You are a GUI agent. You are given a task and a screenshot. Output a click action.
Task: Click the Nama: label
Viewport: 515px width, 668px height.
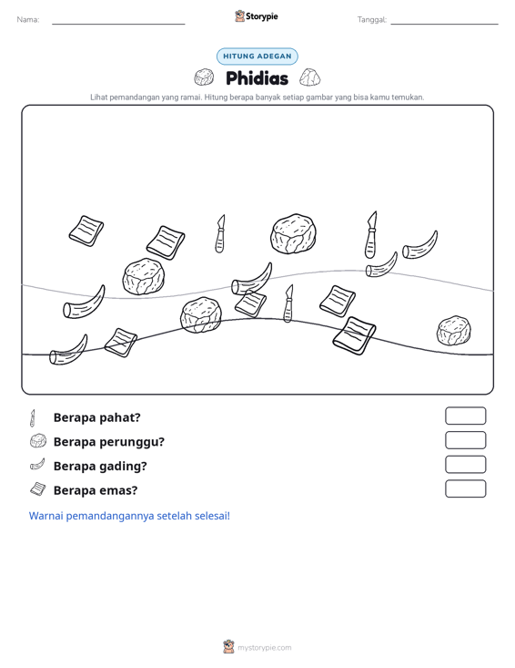point(28,20)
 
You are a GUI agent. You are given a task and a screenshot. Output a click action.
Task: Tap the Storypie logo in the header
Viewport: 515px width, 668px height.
point(257,16)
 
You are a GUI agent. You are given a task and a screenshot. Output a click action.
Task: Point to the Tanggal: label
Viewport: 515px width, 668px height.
point(372,20)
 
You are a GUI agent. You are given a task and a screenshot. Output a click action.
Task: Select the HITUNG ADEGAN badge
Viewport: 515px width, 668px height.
point(257,57)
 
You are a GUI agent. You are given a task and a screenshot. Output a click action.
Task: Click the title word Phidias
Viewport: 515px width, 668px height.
point(257,78)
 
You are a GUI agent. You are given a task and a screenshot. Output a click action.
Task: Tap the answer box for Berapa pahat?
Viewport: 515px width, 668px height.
point(466,416)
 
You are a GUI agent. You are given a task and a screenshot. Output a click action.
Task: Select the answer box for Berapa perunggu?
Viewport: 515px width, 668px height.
point(466,440)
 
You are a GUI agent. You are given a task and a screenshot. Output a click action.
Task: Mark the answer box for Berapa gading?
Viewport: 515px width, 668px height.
point(466,465)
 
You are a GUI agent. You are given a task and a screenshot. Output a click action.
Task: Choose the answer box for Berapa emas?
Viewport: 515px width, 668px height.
point(466,488)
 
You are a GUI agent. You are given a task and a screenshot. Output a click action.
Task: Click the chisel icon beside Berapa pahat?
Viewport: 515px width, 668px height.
point(33,418)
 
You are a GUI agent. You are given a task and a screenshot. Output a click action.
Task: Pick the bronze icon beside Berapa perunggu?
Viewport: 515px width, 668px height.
point(38,441)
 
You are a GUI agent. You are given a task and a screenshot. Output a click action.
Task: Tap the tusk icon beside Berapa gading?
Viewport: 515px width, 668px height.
point(37,465)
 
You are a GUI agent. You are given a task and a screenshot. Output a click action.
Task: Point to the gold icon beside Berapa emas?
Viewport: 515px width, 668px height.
point(38,489)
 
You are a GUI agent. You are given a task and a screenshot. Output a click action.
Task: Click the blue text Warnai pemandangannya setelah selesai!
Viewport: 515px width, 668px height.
point(129,516)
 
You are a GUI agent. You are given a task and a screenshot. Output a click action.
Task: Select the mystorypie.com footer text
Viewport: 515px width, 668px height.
point(265,648)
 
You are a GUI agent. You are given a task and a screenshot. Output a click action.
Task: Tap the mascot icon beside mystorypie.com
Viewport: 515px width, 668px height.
point(228,647)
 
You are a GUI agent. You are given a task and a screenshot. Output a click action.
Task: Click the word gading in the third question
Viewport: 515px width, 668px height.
point(128,467)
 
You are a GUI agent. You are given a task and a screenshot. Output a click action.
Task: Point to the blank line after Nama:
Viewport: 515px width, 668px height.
point(118,24)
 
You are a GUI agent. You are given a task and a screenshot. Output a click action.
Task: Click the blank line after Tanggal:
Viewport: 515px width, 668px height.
point(444,24)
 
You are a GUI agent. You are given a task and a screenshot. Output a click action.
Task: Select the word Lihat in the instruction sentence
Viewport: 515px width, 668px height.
point(98,98)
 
